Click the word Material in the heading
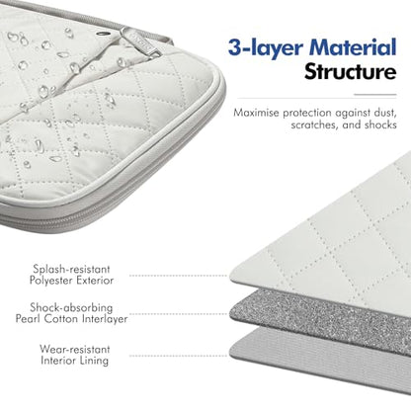(x=353, y=47)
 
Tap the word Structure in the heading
(x=350, y=72)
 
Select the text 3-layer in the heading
(x=266, y=48)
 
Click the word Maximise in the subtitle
(x=257, y=113)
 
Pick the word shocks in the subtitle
(x=380, y=124)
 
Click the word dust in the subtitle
(x=385, y=113)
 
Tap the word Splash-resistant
(x=71, y=269)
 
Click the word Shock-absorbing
(x=71, y=307)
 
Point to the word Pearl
(x=29, y=319)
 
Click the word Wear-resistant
(x=74, y=349)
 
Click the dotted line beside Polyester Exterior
(x=179, y=276)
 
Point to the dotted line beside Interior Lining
(x=179, y=356)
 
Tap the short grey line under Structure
(x=375, y=95)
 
